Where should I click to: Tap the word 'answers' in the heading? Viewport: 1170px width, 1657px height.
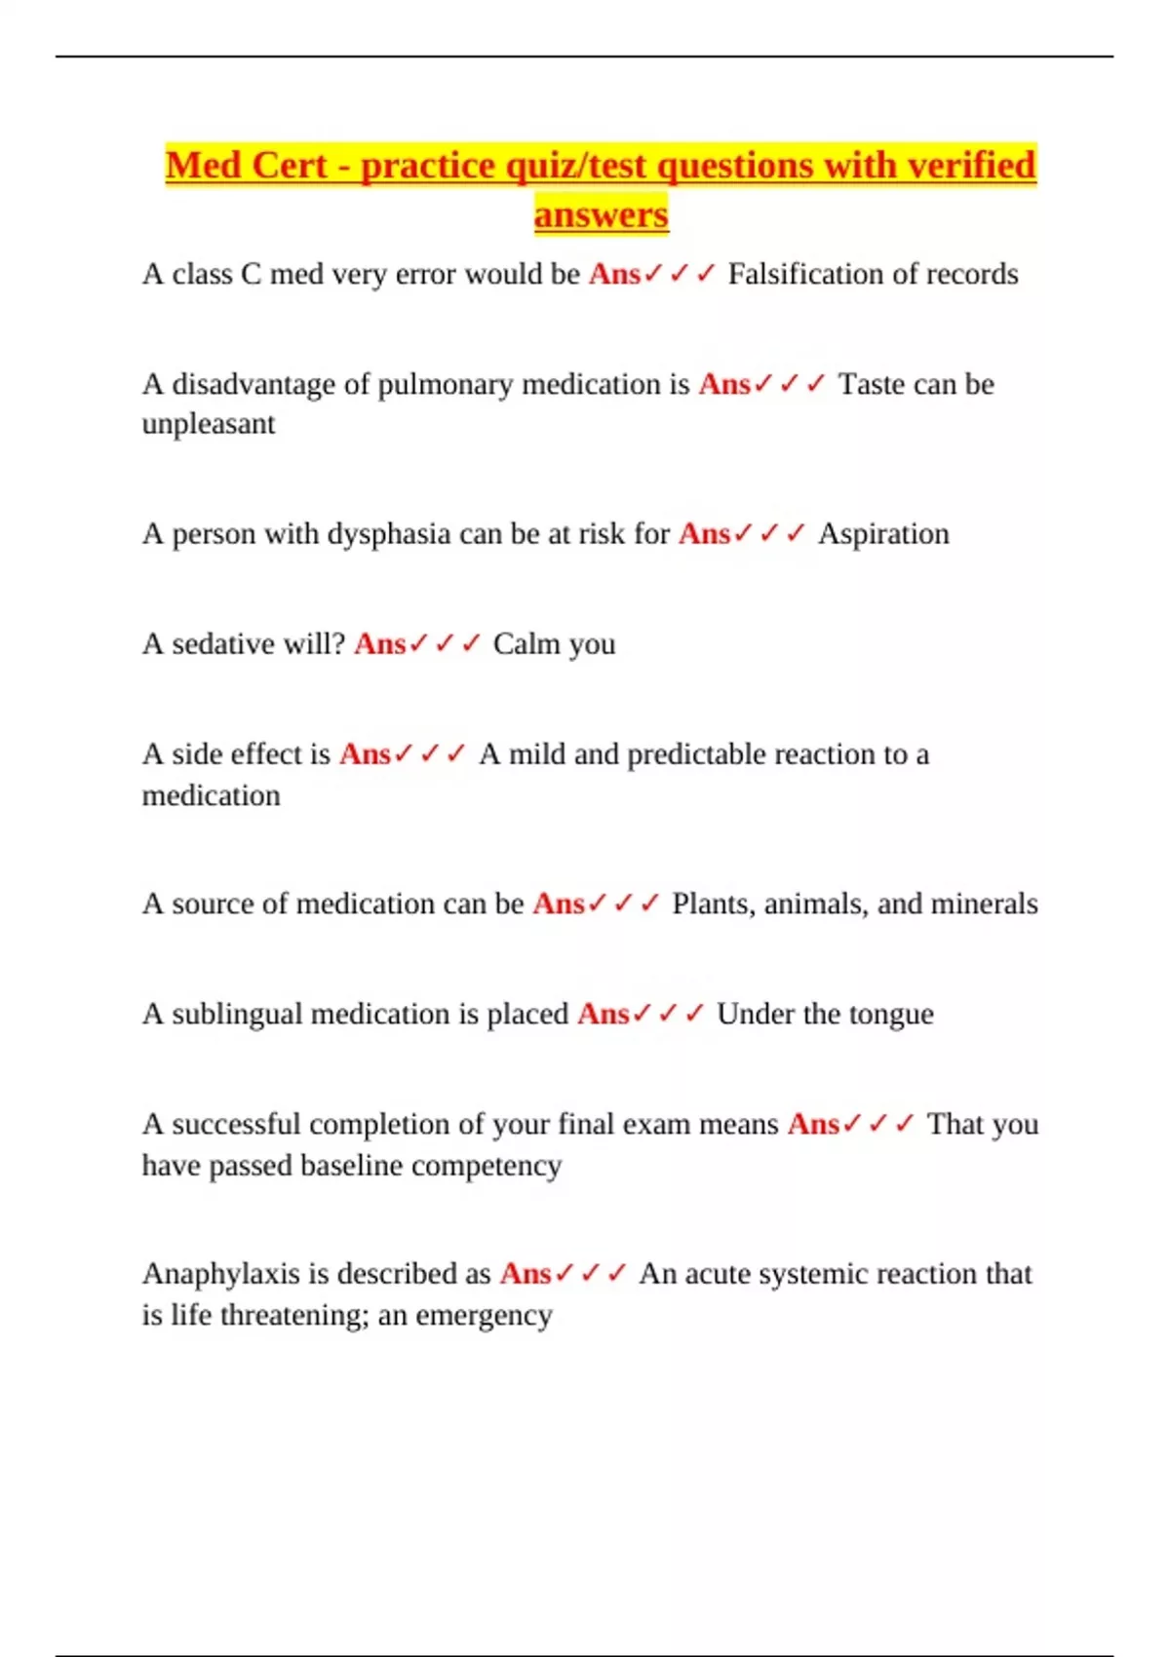click(x=601, y=214)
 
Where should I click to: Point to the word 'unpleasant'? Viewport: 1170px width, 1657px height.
click(x=209, y=425)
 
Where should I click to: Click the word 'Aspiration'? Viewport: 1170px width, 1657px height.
click(x=883, y=534)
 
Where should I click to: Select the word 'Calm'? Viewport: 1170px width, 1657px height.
click(x=526, y=644)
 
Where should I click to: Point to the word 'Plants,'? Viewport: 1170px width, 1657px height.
click(x=714, y=904)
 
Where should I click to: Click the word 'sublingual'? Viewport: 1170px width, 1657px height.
click(x=237, y=1015)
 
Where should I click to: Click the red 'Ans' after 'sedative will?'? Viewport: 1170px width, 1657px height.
click(x=379, y=644)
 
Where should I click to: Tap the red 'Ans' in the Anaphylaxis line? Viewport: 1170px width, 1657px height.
click(x=526, y=1274)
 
